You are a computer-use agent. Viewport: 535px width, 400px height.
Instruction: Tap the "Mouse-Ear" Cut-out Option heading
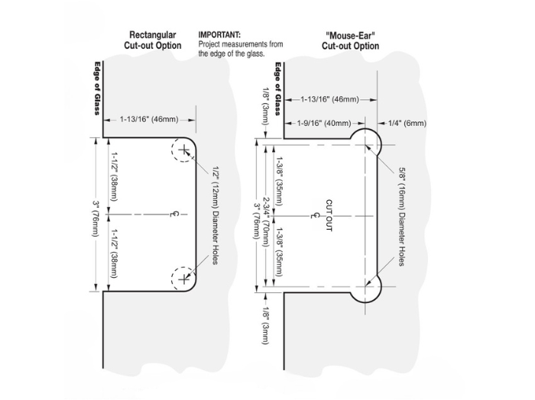pos(350,40)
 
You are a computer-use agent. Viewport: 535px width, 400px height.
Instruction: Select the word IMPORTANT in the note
pos(219,35)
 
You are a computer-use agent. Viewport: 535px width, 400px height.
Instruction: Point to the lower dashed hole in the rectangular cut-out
pos(183,279)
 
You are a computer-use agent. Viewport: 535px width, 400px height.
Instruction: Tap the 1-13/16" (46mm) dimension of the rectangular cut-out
pos(149,119)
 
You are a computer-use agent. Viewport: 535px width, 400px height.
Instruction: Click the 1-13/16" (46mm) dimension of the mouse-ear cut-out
pos(329,100)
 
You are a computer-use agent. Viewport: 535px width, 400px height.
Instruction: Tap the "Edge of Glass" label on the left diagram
pos(97,88)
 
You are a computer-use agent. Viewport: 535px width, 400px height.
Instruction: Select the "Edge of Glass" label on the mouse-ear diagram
pos(278,88)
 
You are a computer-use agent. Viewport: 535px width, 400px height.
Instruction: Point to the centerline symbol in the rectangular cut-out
pos(173,215)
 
